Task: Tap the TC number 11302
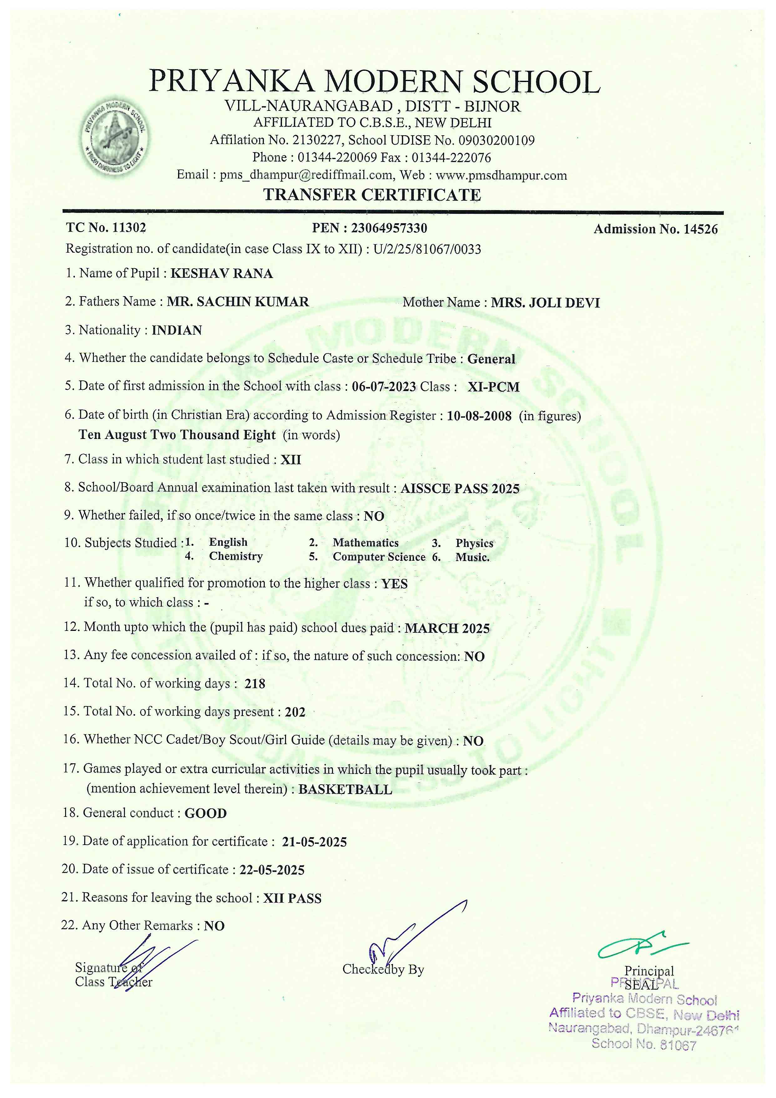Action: [129, 228]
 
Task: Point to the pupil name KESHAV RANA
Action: [222, 274]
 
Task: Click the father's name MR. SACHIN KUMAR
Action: [238, 302]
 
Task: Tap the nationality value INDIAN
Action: [177, 330]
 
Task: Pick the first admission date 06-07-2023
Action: [384, 387]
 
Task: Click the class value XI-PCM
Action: [493, 387]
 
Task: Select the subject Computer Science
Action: [379, 557]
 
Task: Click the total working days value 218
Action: [255, 684]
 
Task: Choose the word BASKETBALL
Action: [345, 790]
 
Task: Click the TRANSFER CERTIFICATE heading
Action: [372, 195]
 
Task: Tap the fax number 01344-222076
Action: [451, 158]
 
